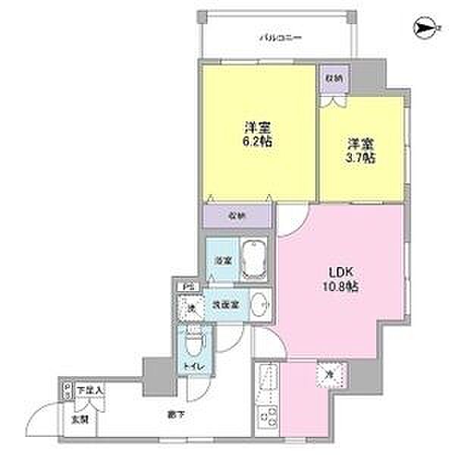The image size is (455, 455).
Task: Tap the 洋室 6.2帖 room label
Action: tap(257, 132)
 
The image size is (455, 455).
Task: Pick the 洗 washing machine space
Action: tap(191, 308)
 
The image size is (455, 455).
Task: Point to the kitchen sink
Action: tap(267, 380)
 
